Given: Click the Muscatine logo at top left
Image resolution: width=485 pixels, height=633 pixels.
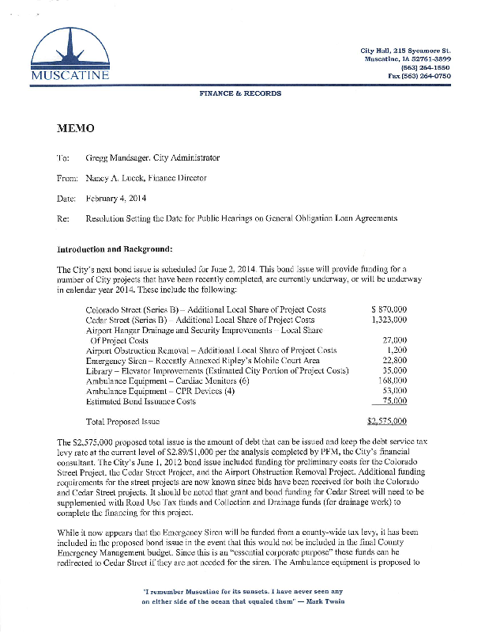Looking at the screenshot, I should tap(71, 55).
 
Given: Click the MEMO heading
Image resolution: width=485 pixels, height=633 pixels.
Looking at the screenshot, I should tap(75, 128).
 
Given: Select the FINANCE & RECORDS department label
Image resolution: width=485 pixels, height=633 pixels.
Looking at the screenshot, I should tap(240, 94).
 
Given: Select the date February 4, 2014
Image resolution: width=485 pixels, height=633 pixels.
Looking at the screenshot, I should tap(116, 198).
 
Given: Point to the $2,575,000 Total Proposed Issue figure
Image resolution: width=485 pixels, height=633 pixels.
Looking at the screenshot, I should tap(388, 421).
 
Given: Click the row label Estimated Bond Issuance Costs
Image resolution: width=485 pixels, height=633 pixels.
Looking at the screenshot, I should tap(140, 401).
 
